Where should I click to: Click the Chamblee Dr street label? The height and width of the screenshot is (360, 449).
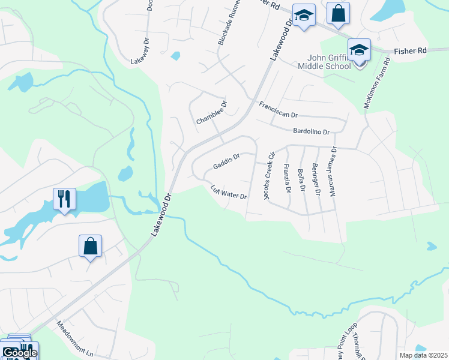click(x=212, y=112)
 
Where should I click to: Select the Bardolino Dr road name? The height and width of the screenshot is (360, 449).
click(x=311, y=131)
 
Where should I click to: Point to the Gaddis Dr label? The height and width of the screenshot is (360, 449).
click(x=227, y=161)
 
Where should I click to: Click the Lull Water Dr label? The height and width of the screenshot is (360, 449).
click(x=229, y=191)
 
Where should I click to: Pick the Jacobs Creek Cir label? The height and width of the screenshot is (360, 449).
click(x=268, y=175)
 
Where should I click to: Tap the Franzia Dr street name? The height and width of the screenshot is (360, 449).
click(x=287, y=179)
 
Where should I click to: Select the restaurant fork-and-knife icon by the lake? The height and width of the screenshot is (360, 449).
click(x=64, y=198)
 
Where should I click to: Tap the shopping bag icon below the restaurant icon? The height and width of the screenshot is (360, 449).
click(x=90, y=245)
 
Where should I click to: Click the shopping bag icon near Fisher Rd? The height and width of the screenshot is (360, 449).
click(x=338, y=13)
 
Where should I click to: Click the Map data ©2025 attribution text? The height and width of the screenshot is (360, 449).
click(x=423, y=355)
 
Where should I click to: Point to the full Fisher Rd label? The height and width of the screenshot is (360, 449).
click(x=410, y=51)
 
